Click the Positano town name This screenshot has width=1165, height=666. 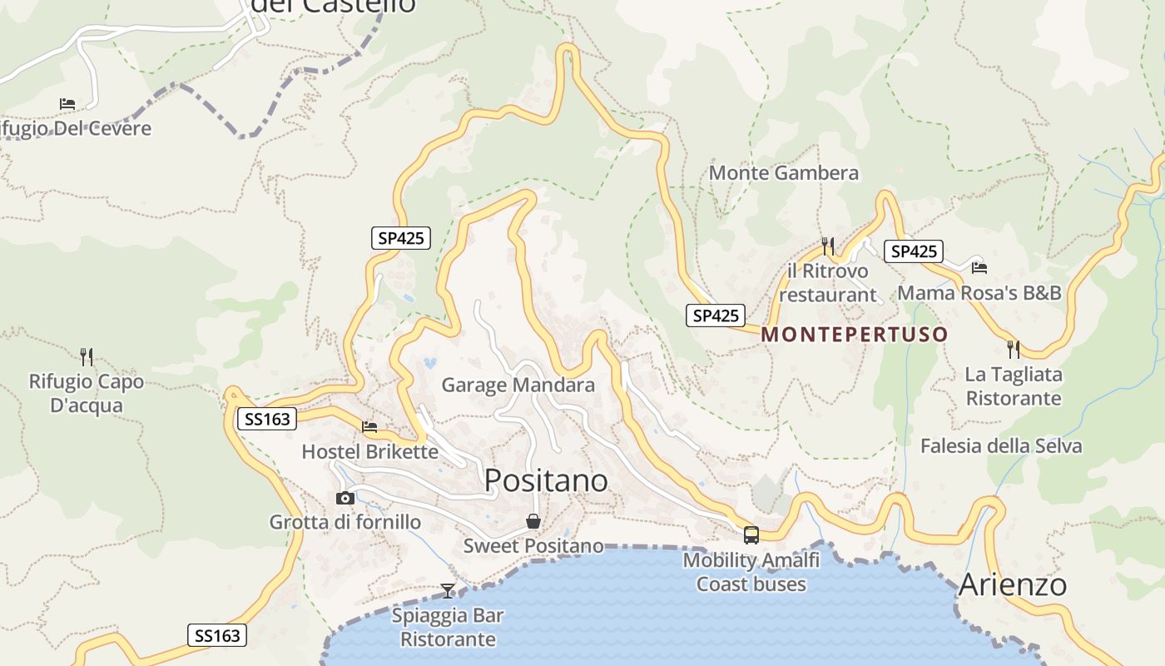[546, 480]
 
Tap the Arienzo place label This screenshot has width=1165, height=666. [1012, 584]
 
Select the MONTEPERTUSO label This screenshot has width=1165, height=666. [854, 335]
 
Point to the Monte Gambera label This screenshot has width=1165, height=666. [783, 173]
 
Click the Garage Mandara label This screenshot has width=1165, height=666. [518, 385]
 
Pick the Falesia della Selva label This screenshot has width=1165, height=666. [1000, 446]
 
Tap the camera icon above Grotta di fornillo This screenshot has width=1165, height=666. [345, 498]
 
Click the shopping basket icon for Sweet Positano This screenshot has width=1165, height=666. [533, 522]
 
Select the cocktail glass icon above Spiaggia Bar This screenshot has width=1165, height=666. [448, 591]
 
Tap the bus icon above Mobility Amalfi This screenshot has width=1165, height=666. [751, 535]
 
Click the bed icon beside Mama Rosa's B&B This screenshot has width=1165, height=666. [979, 267]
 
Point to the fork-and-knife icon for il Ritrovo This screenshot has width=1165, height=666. [827, 246]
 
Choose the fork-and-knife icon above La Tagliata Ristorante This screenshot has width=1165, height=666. [1013, 349]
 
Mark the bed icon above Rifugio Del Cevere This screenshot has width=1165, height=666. [67, 104]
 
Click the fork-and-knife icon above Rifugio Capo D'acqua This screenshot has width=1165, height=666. [87, 357]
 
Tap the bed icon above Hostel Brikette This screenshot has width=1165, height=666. [369, 427]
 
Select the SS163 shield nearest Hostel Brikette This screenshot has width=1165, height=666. [267, 419]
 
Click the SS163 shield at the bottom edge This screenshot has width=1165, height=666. [217, 636]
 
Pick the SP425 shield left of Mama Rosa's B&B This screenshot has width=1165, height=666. [913, 251]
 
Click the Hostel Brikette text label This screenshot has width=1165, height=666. [369, 452]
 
